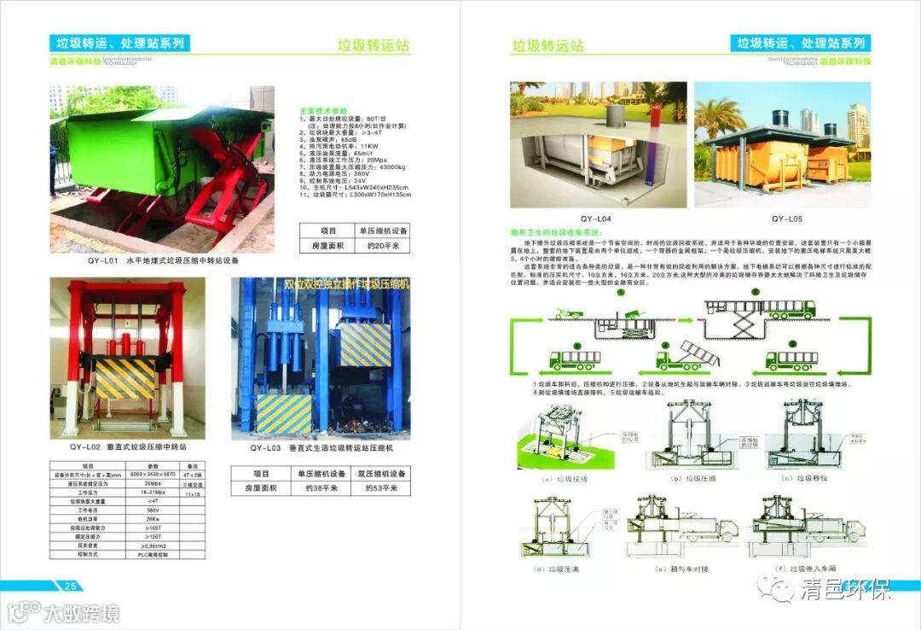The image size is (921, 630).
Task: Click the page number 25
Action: [71, 586]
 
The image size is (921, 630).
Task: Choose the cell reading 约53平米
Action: [378, 488]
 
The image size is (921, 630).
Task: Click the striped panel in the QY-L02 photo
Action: [126, 377]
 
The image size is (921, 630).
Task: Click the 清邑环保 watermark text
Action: [845, 590]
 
